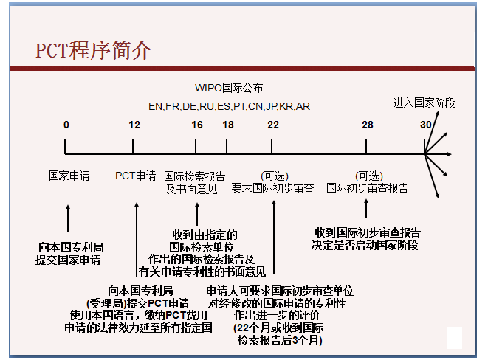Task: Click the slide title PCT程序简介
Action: [x=93, y=50]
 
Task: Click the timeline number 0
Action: [x=66, y=125]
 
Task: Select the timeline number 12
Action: [x=134, y=125]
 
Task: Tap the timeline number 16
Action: [x=197, y=125]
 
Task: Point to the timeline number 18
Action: [x=228, y=125]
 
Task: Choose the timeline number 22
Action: [x=273, y=125]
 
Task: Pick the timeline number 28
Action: [x=367, y=125]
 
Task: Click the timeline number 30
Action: [x=426, y=125]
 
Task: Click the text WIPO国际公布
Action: [x=229, y=88]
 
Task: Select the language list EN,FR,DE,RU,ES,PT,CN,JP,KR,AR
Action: [x=229, y=107]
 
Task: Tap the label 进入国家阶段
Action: [x=424, y=103]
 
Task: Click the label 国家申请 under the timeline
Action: [x=69, y=176]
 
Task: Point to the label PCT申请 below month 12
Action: [x=135, y=176]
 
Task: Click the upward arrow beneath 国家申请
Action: [x=68, y=218]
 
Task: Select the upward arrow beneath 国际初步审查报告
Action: [x=366, y=208]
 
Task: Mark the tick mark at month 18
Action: [x=227, y=147]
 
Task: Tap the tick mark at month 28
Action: [x=366, y=147]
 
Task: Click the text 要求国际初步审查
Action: [x=272, y=188]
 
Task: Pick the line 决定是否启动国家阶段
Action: [x=365, y=245]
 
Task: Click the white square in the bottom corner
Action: [x=454, y=338]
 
